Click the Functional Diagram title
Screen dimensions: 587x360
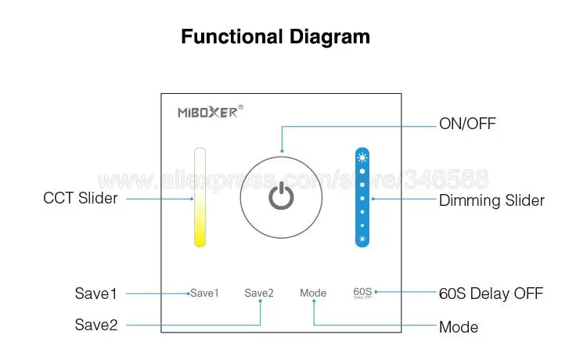(275, 36)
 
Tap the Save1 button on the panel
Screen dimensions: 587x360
(205, 293)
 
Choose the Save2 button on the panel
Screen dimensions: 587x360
(259, 293)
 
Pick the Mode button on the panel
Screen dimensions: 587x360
(313, 293)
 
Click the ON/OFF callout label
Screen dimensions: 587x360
(467, 124)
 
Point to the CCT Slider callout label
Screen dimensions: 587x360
(81, 198)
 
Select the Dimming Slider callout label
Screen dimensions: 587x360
(492, 200)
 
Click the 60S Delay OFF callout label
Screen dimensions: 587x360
(491, 294)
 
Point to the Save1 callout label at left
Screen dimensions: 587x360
(95, 294)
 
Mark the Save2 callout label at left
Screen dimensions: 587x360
(96, 324)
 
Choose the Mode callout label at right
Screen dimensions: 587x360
(459, 326)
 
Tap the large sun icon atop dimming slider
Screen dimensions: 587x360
(362, 156)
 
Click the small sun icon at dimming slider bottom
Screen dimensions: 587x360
(362, 237)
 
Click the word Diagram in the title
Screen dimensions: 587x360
(326, 36)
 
